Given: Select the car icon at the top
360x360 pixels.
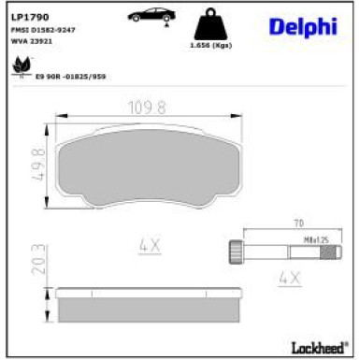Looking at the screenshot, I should [x=149, y=16].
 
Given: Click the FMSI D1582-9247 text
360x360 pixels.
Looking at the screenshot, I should [x=43, y=30].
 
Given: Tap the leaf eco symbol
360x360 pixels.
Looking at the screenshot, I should [x=18, y=65].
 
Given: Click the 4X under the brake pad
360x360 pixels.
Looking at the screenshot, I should [x=151, y=247].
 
